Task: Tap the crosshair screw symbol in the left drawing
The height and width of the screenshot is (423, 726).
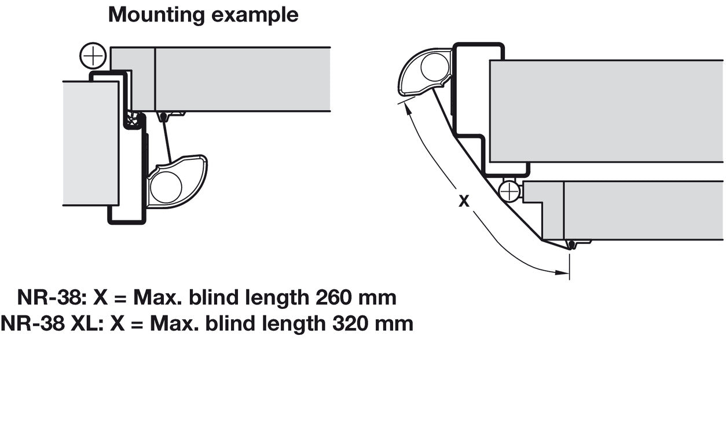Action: (93, 57)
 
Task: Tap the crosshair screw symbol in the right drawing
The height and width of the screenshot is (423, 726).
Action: (509, 191)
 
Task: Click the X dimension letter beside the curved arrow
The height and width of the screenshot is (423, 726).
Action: (464, 202)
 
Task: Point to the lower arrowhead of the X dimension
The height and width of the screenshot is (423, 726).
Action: (562, 271)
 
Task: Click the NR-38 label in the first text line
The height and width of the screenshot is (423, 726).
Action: (50, 298)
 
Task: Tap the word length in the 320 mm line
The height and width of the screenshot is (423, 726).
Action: (292, 323)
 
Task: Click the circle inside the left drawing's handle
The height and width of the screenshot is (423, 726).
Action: (166, 187)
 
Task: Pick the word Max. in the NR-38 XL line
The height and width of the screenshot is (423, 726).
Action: (174, 323)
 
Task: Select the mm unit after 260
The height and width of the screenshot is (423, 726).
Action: (377, 298)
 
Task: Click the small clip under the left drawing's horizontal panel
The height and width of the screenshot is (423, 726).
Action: (164, 116)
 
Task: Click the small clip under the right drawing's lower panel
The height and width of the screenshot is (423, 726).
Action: (572, 245)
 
